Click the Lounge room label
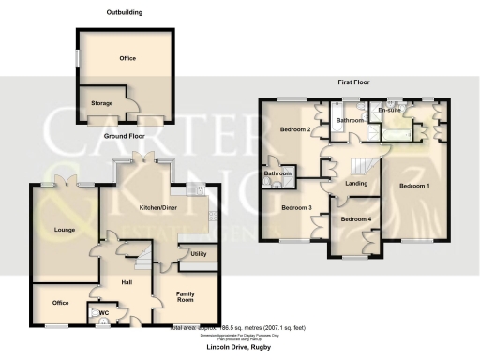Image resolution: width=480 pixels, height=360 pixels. [52, 228]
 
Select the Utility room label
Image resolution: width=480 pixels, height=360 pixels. [198, 254]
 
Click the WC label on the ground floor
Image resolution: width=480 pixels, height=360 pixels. [104, 312]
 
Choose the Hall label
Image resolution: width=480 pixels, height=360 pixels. [124, 280]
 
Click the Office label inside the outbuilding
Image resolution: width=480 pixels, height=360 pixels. [127, 58]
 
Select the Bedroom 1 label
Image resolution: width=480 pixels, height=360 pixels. [414, 186]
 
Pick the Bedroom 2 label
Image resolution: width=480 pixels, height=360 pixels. [296, 130]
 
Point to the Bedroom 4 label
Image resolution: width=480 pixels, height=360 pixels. [355, 219]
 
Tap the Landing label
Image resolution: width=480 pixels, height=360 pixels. [356, 183]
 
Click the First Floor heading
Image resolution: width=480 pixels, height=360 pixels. [353, 82]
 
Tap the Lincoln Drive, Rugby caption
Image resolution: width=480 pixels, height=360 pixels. [239, 346]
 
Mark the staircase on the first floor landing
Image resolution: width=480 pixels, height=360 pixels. [362, 167]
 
